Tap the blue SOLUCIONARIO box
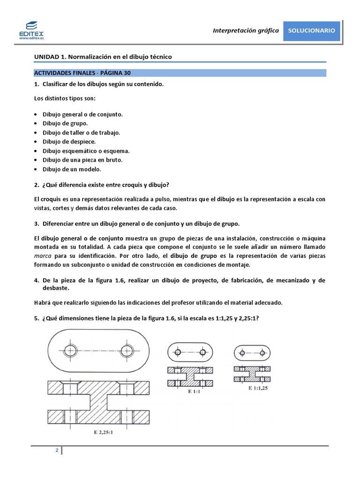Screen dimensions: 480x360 311,30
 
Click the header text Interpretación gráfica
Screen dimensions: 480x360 246,30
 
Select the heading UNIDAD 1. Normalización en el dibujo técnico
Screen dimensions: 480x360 103,57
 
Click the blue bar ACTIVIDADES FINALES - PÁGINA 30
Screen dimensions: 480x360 82,73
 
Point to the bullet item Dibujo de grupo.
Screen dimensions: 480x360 65,123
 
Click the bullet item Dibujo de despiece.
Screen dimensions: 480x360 69,142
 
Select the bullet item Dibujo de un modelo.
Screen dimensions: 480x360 72,169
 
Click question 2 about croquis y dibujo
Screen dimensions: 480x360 101,184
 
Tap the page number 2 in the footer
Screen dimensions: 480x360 57,451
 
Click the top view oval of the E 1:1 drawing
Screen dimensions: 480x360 190,352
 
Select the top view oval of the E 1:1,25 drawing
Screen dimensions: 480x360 252,352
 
